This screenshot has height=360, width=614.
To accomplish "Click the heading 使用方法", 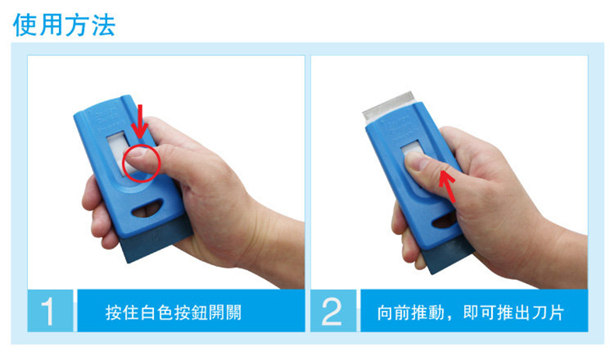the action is [x=65, y=25].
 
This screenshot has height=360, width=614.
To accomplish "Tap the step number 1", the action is [x=47, y=312].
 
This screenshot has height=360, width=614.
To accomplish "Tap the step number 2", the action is [x=332, y=312].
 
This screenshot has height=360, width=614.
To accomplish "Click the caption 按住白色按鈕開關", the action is [x=173, y=313].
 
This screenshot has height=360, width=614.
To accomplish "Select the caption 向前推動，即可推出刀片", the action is [x=471, y=313].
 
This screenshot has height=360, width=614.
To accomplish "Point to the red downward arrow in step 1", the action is [x=139, y=121].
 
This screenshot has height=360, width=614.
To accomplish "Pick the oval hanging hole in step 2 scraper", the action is [x=445, y=219].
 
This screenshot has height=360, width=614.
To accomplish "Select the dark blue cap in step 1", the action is [x=157, y=239].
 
